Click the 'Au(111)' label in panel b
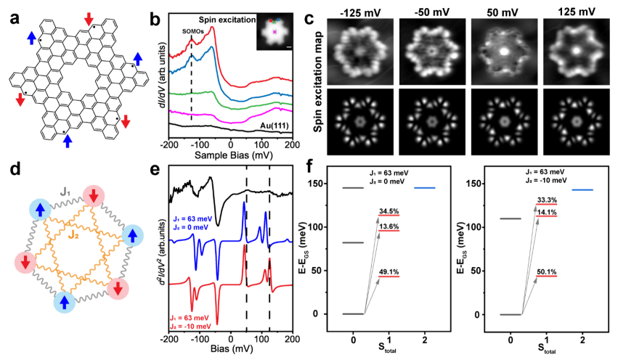(x=272, y=126)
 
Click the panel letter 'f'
(x=312, y=175)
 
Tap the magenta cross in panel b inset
(x=275, y=32)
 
